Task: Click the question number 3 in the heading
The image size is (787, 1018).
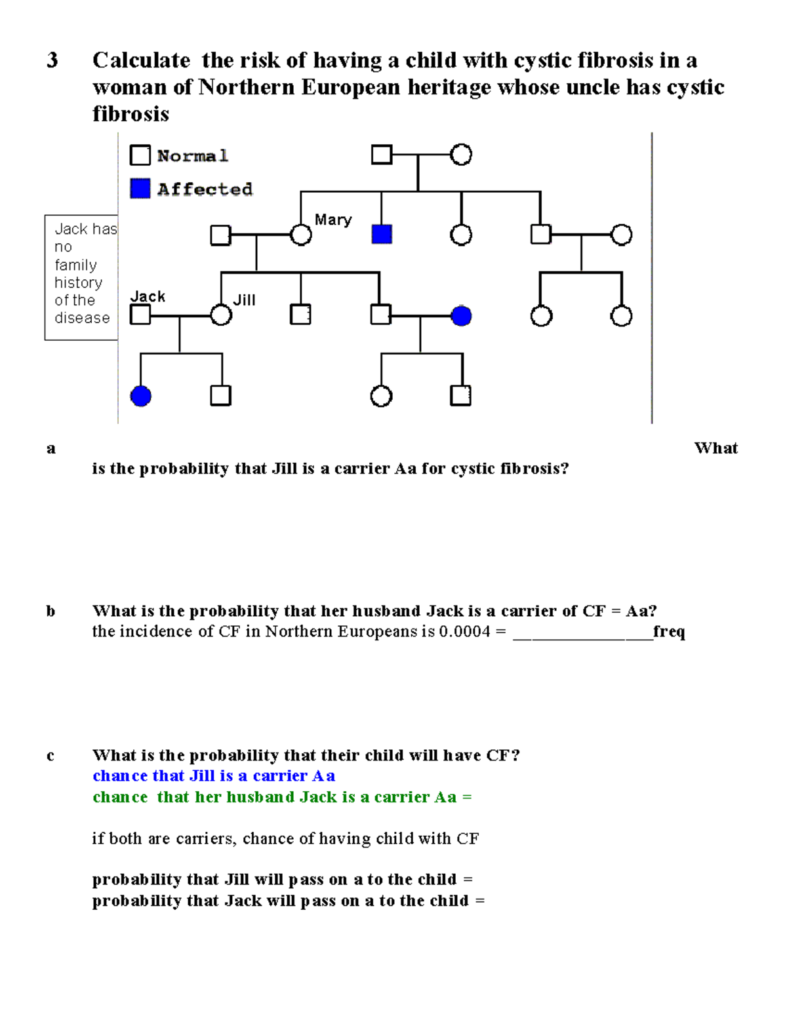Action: (x=52, y=60)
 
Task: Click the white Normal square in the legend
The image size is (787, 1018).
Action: (x=140, y=155)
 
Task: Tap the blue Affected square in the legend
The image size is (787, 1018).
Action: (x=140, y=188)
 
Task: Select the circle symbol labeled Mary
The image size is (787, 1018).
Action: (x=300, y=235)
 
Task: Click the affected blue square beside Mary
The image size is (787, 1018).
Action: (x=382, y=234)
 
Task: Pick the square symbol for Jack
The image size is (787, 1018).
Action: (x=140, y=315)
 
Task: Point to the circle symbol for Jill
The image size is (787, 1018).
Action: (x=221, y=315)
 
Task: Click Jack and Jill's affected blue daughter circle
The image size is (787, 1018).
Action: (x=140, y=397)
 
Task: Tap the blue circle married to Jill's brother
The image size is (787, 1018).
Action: (x=461, y=316)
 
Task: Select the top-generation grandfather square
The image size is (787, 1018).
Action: (x=382, y=155)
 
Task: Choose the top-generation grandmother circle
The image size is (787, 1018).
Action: (x=461, y=155)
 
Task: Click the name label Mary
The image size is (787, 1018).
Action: (x=333, y=220)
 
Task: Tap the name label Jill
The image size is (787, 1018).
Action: (x=244, y=300)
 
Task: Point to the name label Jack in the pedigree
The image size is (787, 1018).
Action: (x=148, y=296)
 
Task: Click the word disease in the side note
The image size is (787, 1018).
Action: (x=82, y=318)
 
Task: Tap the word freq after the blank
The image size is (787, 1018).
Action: (x=670, y=632)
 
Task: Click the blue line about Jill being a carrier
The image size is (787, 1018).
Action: (x=214, y=776)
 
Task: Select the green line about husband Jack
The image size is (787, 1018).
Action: (x=282, y=797)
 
